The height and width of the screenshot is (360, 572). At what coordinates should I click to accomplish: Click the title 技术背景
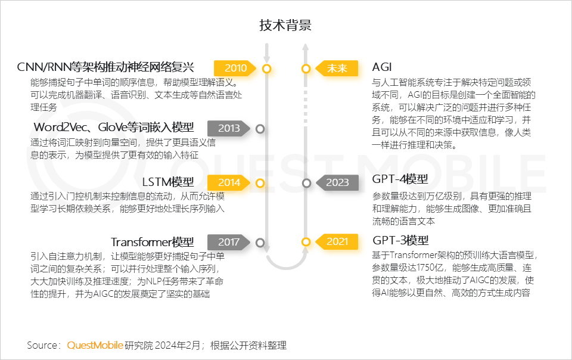[x=285, y=26]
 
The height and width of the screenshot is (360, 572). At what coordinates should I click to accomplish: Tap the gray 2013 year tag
[x=228, y=128]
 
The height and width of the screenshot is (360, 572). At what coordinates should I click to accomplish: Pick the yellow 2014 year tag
[x=228, y=182]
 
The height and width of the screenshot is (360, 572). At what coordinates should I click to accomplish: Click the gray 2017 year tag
[x=228, y=243]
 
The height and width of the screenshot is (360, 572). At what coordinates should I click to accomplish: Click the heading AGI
[x=382, y=67]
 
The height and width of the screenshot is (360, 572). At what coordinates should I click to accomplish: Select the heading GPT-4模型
[x=400, y=179]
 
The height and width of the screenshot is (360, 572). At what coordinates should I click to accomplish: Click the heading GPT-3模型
[x=400, y=241]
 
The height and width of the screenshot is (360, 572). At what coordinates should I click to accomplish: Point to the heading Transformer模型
[x=152, y=242]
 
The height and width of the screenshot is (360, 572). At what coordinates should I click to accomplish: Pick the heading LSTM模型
[x=168, y=182]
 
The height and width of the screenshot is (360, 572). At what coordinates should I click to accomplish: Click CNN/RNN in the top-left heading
[x=43, y=67]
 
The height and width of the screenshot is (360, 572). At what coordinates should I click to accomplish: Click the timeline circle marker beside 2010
[x=266, y=69]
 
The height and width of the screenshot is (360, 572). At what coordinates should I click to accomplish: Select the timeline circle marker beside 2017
[x=259, y=243]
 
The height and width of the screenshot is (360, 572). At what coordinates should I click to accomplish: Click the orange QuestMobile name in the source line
[x=95, y=345]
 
